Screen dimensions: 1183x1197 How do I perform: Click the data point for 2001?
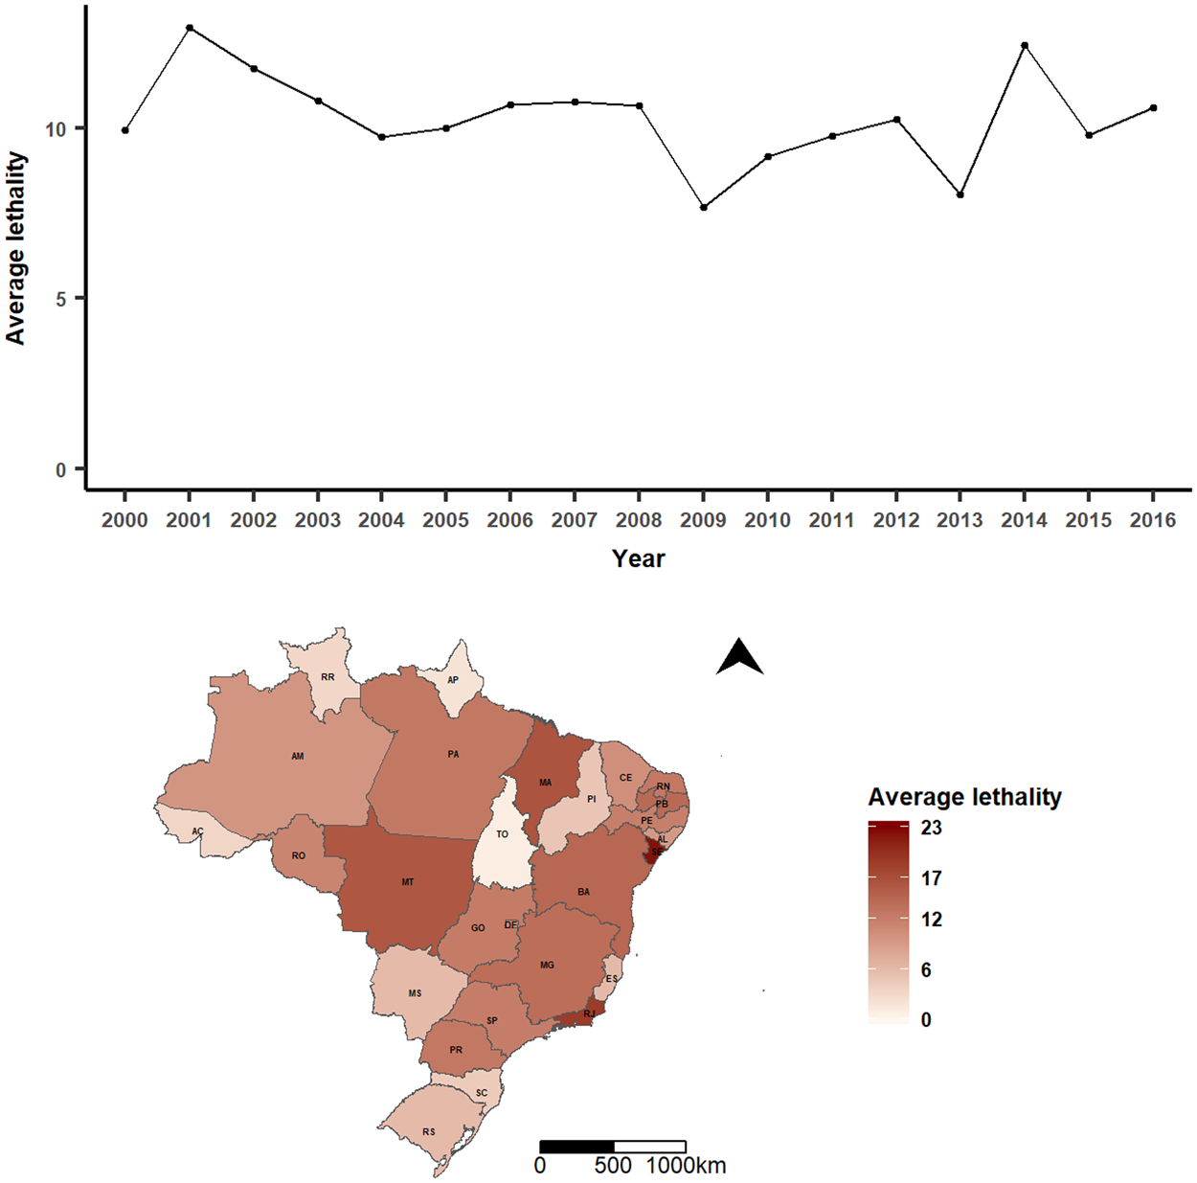[x=190, y=28]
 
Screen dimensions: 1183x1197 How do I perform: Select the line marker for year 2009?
[x=704, y=208]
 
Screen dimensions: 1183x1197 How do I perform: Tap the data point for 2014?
[x=1025, y=45]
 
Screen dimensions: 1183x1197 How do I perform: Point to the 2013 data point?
[x=960, y=194]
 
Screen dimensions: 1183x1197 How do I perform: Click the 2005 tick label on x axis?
[x=446, y=520]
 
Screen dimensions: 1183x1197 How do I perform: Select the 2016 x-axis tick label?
[x=1153, y=520]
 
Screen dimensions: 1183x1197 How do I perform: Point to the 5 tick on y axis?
[x=61, y=299]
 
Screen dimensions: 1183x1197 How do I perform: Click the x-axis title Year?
[x=638, y=559]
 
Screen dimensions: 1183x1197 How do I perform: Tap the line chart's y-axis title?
[x=16, y=248]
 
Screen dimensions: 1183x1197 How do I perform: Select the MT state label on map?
[x=408, y=882]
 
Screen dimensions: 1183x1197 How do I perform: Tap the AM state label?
[x=298, y=757]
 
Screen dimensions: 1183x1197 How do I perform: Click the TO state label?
[x=502, y=834]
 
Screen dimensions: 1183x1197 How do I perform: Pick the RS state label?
[x=429, y=1132]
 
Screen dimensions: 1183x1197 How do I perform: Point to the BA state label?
[x=584, y=892]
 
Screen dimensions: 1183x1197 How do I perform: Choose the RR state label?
[x=328, y=677]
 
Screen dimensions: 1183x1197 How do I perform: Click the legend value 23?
[x=931, y=828]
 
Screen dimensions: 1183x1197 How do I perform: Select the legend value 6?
[x=926, y=970]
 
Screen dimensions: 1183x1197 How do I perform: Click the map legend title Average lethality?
[x=964, y=797]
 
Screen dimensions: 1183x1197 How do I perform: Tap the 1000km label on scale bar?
[x=686, y=1166]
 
